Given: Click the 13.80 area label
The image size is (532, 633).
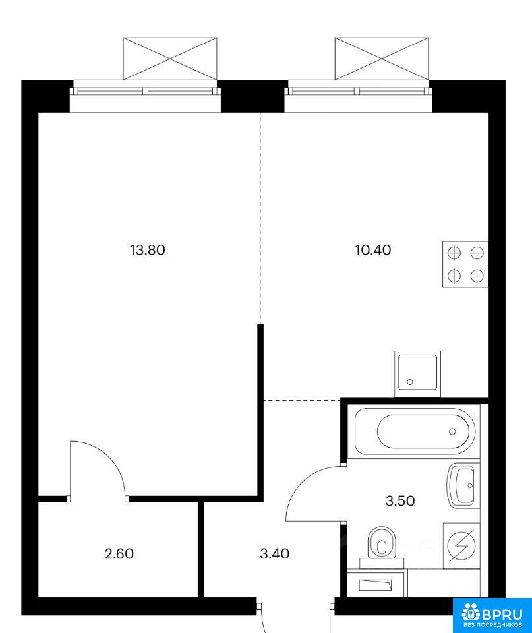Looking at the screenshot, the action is click(x=147, y=250).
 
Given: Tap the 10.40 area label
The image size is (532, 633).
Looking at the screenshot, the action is click(x=373, y=250).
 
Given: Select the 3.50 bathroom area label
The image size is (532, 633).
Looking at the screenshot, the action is click(x=400, y=500).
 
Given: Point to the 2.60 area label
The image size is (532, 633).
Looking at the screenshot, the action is click(x=119, y=553).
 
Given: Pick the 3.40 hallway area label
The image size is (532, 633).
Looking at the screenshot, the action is click(x=274, y=553).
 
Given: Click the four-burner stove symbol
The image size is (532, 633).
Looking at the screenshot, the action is click(x=465, y=264).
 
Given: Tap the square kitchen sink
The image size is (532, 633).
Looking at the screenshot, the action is click(x=417, y=373).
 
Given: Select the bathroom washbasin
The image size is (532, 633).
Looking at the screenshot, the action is click(x=463, y=486).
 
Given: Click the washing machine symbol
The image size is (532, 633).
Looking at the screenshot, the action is click(x=461, y=546).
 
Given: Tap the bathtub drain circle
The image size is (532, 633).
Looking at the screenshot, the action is click(x=452, y=431).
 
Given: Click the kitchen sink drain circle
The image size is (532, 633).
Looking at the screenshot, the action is click(x=409, y=382).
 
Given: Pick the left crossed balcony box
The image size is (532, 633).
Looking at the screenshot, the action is click(x=170, y=59).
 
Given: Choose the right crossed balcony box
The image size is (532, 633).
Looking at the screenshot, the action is click(x=382, y=59).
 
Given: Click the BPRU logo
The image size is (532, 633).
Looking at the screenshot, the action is click(x=492, y=615).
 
